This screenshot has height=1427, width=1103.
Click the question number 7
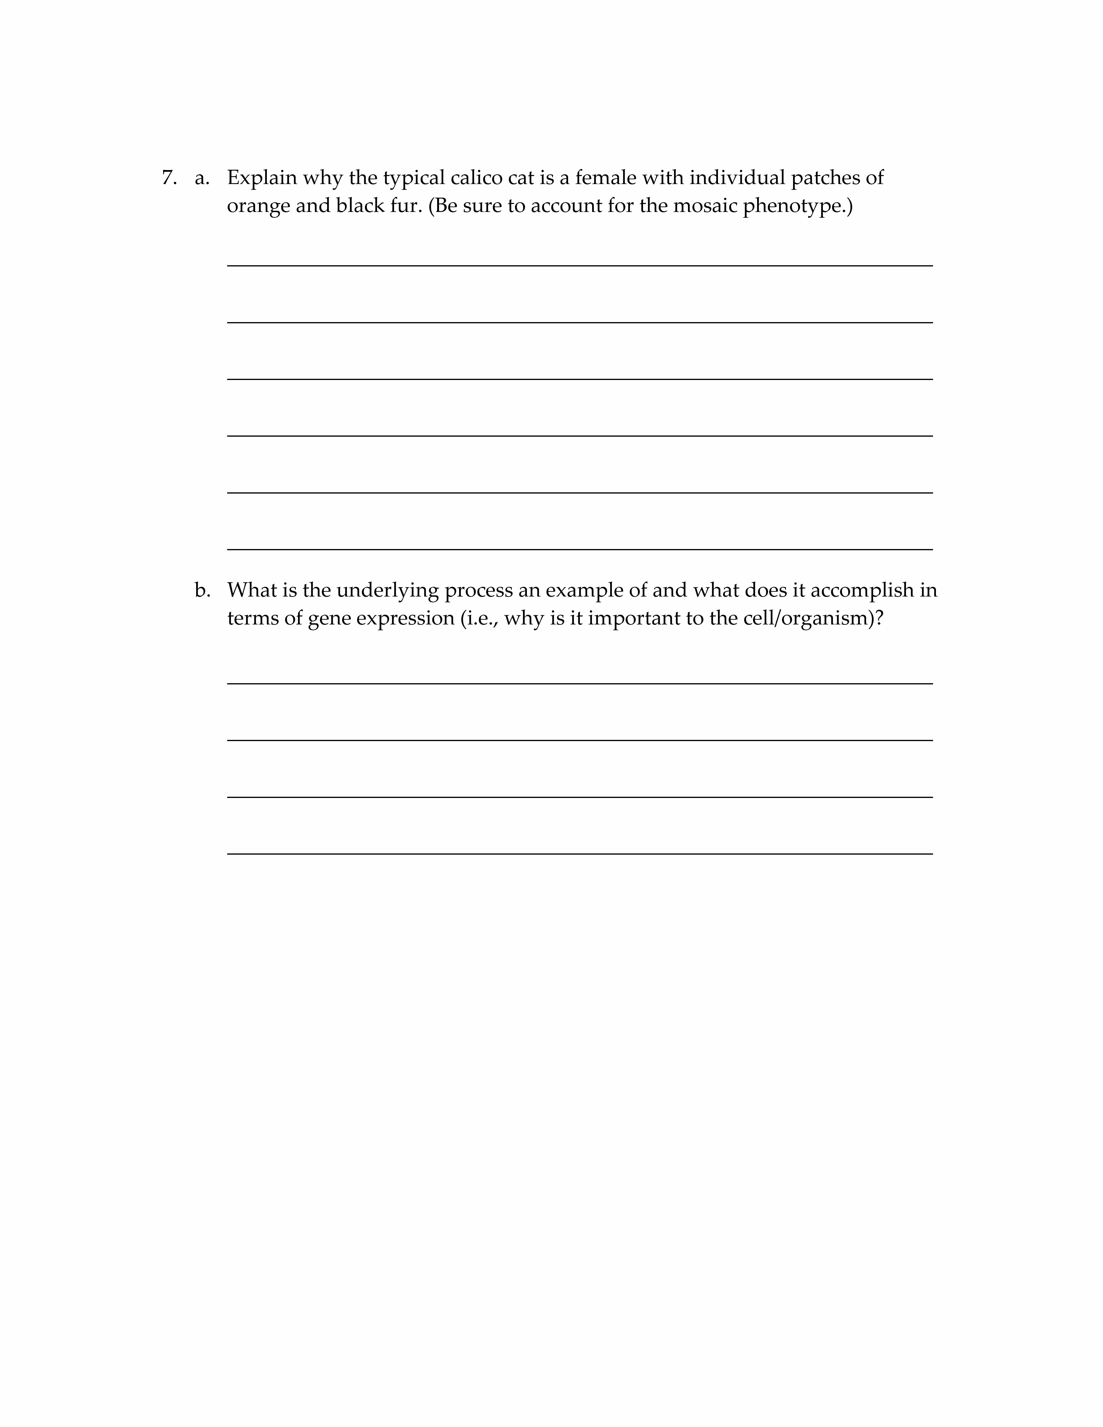point(169,178)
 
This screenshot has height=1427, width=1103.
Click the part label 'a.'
point(202,178)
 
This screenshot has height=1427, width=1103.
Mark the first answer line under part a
point(580,265)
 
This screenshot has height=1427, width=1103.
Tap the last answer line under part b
point(580,853)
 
